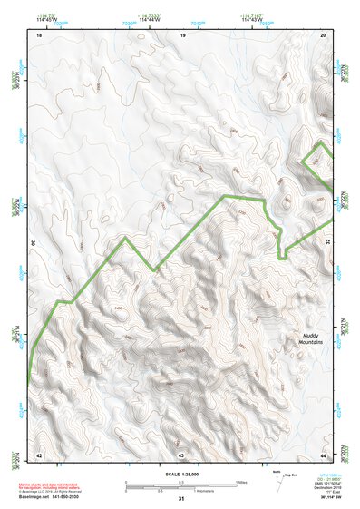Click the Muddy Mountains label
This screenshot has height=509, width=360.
pos(311,338)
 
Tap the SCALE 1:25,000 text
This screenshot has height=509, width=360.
pos(180,474)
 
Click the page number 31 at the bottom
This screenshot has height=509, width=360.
pos(180,499)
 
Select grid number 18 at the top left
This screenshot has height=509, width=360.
pos(38,34)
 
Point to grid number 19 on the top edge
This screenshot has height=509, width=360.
pos(182,34)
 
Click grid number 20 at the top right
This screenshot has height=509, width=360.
pos(325,34)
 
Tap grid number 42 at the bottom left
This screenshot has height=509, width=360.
pos(38,453)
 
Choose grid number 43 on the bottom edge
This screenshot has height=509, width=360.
pos(181,453)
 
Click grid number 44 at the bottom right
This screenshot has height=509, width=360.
pos(325,453)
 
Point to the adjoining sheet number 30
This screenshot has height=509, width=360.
pos(34,243)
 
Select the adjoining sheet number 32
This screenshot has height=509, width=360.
pos(328,243)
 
